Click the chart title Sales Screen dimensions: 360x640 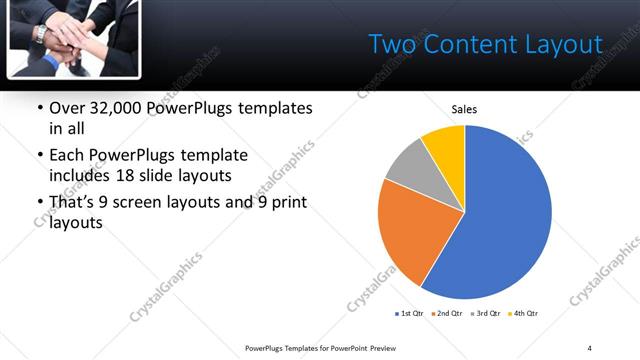pyautogui.click(x=464, y=109)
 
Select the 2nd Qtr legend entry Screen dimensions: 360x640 pyautogui.click(x=448, y=314)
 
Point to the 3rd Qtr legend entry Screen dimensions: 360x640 pyautogui.click(x=487, y=314)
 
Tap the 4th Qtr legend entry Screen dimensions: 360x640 pyautogui.click(x=524, y=314)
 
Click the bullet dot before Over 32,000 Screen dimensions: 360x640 pyautogui.click(x=39, y=108)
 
